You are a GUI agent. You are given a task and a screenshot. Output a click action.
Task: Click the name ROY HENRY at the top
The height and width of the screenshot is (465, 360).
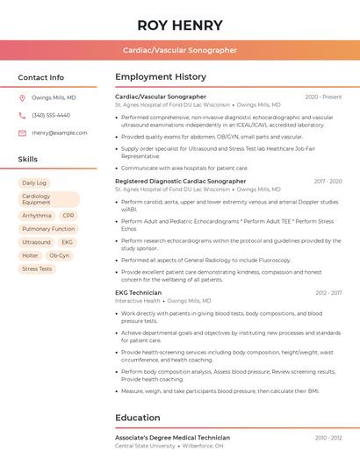[x=180, y=25]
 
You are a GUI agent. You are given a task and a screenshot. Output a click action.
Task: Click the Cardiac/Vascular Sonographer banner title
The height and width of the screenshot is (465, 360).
[x=180, y=51]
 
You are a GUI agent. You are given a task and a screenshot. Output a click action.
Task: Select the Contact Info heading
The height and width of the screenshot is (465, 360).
[x=41, y=77]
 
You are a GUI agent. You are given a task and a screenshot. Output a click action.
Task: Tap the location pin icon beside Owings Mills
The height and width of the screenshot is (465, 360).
[x=22, y=98]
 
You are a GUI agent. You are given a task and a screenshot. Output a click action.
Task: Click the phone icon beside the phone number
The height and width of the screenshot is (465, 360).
[x=22, y=116]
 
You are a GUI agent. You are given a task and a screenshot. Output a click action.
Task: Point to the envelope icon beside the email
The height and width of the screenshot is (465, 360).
[x=22, y=133]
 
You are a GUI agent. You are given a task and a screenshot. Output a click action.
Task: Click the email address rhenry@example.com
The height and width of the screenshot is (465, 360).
[x=60, y=133]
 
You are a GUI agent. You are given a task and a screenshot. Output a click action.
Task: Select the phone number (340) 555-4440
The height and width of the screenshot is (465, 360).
[x=51, y=116]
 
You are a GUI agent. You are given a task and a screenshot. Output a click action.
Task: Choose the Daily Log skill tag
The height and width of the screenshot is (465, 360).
[x=34, y=183]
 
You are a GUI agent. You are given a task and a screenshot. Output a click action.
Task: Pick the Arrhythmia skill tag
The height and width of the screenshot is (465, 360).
[x=37, y=215]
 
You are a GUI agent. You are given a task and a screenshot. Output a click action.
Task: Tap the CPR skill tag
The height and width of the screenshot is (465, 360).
[x=68, y=215]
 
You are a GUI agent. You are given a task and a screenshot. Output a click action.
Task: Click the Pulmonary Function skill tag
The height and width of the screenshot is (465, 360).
[x=48, y=229]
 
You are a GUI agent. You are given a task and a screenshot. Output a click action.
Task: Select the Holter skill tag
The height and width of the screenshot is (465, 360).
[x=30, y=255]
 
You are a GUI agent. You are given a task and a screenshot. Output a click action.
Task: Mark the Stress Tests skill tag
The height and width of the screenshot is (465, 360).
[x=37, y=269]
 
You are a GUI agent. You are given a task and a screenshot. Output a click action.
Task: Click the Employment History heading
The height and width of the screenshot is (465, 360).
[x=161, y=77]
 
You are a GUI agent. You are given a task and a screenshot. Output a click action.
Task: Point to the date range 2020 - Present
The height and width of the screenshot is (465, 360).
[x=323, y=97]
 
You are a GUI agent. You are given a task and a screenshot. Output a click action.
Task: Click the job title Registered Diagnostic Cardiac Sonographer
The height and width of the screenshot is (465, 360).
[x=180, y=182]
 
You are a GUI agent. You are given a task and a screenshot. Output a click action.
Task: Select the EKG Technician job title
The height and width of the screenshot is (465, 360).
[x=138, y=293]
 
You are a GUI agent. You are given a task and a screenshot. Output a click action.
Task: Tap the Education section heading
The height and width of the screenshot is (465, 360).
[x=137, y=418]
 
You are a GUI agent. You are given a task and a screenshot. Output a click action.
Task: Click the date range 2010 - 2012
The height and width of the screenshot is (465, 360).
[x=328, y=438]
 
